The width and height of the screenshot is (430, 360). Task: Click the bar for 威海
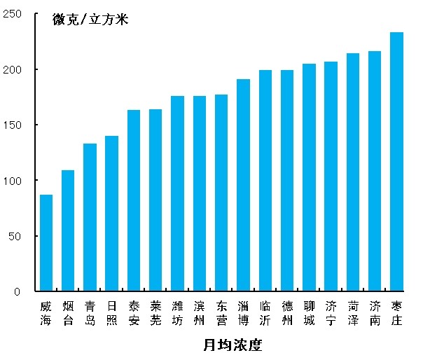46,242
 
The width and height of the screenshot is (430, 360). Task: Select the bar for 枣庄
396,161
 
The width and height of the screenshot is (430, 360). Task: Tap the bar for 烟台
68,230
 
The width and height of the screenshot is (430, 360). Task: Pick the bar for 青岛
90,217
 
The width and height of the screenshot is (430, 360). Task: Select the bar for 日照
112,214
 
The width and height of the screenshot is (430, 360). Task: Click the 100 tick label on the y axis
13,181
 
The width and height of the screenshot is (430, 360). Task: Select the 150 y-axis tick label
13,125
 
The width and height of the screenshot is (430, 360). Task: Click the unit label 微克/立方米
90,19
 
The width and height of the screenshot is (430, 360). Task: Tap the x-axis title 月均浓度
233,345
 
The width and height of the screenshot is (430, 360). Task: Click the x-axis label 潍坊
178,313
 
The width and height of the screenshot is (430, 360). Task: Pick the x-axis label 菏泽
353,313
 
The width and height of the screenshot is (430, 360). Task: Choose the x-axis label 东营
221,313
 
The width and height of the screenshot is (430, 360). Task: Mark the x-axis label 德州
287,313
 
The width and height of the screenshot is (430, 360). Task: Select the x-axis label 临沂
265,313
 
